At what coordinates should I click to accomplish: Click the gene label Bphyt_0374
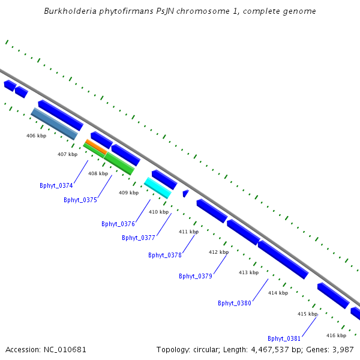click(x=56, y=185)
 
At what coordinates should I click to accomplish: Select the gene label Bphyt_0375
click(x=80, y=200)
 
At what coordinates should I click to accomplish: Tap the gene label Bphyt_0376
click(x=118, y=224)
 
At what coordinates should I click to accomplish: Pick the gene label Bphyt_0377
click(x=139, y=238)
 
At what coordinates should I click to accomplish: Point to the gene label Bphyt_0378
click(x=165, y=255)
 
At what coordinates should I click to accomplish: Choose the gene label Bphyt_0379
click(x=196, y=276)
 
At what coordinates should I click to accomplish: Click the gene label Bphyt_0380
click(x=235, y=303)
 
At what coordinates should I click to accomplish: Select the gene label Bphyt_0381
click(x=284, y=338)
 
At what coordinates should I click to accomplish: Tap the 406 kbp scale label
click(x=36, y=136)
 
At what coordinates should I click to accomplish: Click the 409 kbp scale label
click(x=129, y=193)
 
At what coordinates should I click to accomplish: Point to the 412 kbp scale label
click(x=218, y=252)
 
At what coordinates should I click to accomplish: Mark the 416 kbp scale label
click(x=337, y=335)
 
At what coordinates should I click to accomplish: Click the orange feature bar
click(x=97, y=147)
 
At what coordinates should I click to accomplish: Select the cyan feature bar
click(x=158, y=188)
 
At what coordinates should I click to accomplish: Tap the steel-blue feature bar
click(x=55, y=124)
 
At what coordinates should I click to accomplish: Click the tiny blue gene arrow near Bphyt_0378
click(x=185, y=193)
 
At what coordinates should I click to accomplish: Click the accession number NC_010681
click(x=65, y=350)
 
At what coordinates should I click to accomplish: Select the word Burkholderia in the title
click(x=70, y=11)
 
